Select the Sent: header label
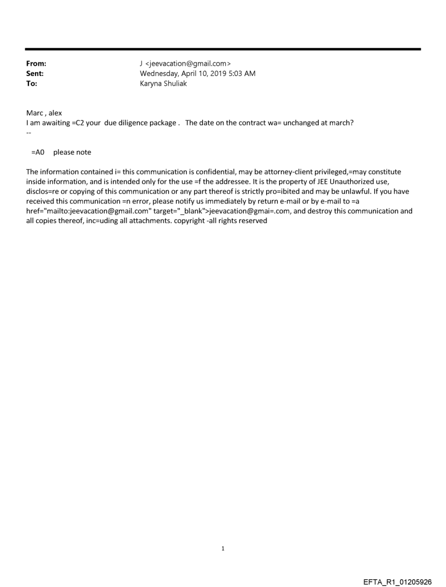[x=35, y=73]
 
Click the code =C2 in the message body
[x=80, y=123]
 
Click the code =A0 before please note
[x=38, y=152]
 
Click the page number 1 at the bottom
[x=223, y=548]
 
